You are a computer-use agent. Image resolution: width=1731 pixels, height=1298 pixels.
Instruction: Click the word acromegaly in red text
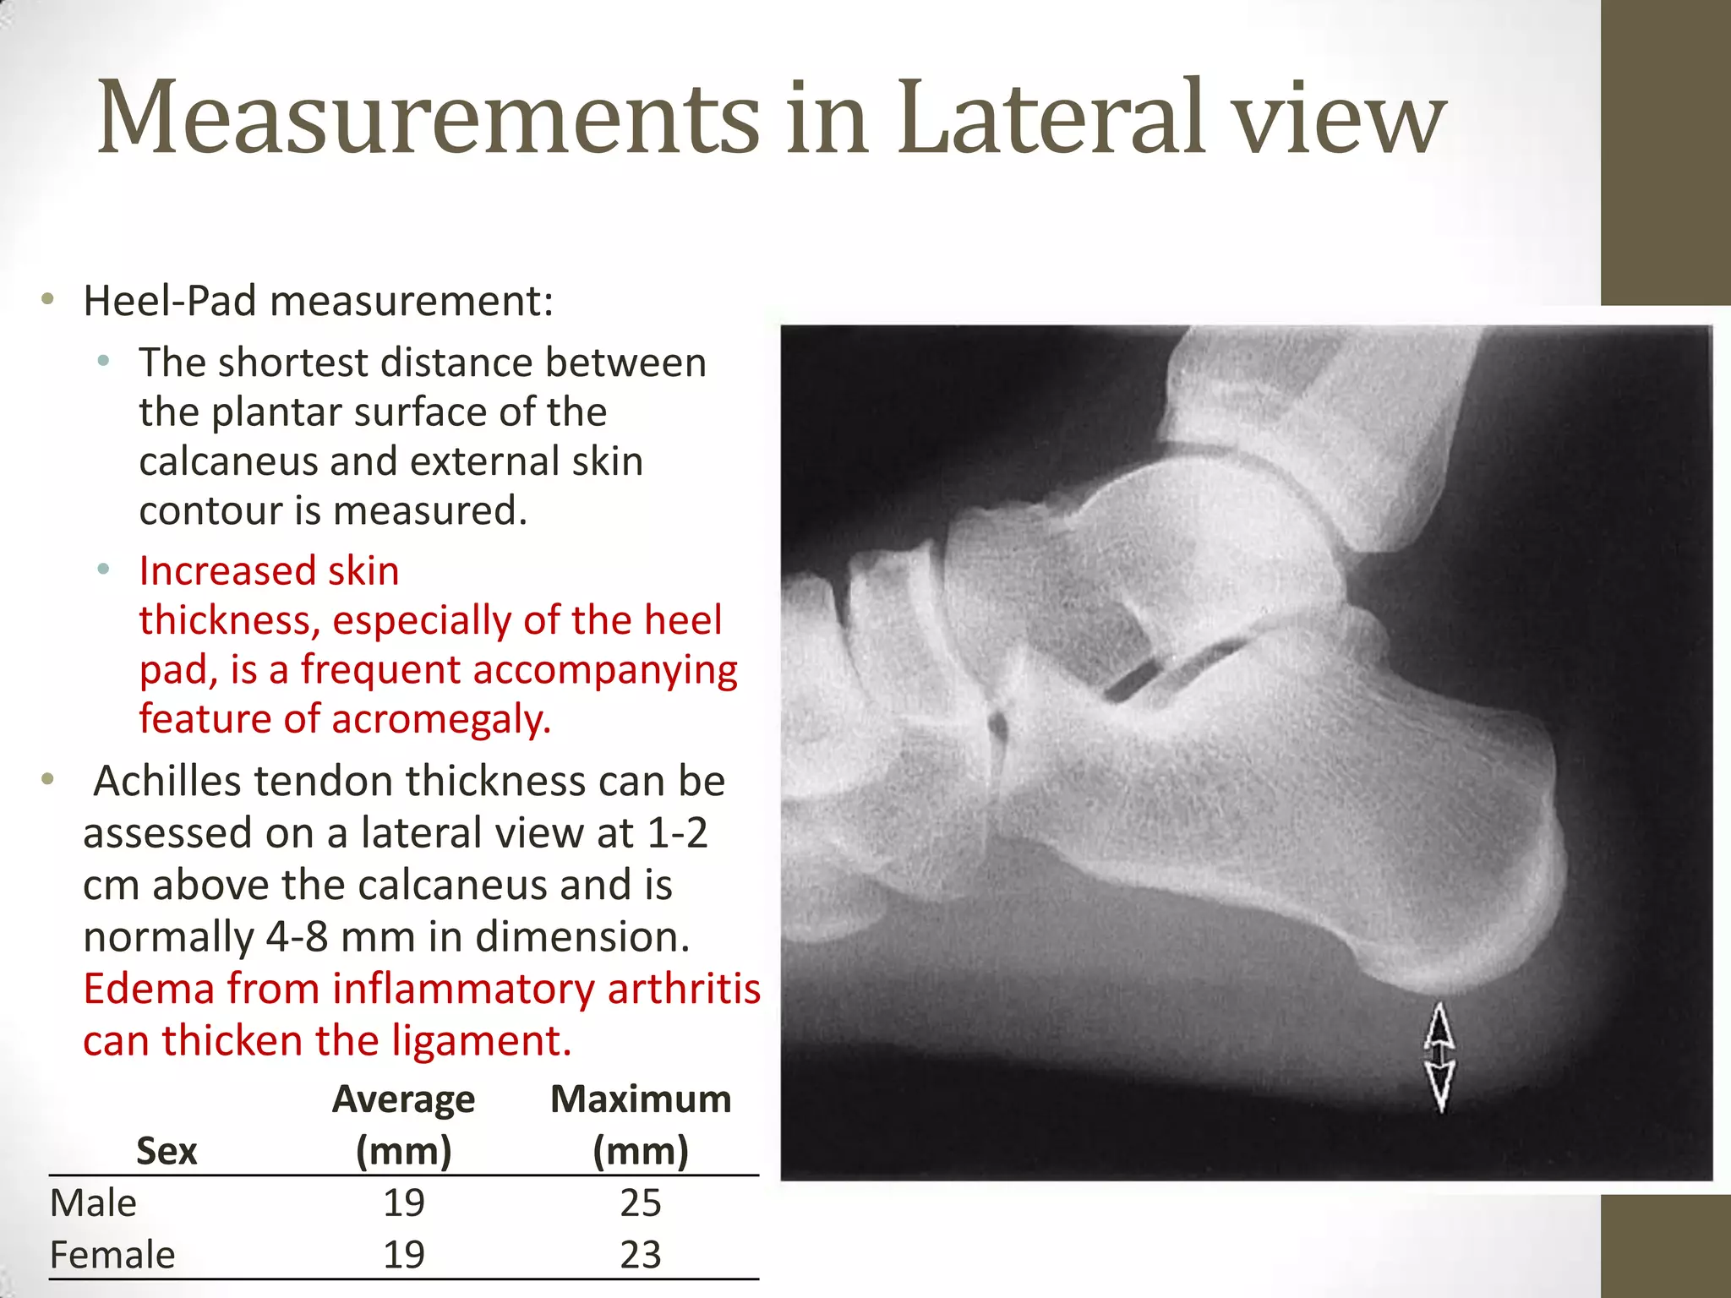pos(440,719)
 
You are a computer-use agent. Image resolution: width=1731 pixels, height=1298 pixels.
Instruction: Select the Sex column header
pos(167,1151)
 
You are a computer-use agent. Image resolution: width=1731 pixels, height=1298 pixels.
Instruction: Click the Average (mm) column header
pos(403,1124)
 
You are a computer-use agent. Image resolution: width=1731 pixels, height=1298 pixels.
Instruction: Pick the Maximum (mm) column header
pos(641,1124)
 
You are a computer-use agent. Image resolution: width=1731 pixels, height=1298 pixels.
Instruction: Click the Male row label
pos(93,1203)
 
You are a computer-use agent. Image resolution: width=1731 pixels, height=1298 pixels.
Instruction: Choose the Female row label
pos(112,1255)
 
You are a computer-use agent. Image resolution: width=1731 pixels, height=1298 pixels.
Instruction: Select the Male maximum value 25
pos(640,1203)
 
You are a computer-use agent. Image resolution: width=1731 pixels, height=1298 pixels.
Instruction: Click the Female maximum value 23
pos(640,1255)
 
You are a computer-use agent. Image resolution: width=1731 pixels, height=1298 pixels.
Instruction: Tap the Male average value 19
pos(403,1203)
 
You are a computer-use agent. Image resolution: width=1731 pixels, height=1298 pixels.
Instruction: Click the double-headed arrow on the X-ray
pos(1439,1056)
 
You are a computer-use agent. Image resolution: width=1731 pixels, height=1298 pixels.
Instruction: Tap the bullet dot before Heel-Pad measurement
pos(48,298)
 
